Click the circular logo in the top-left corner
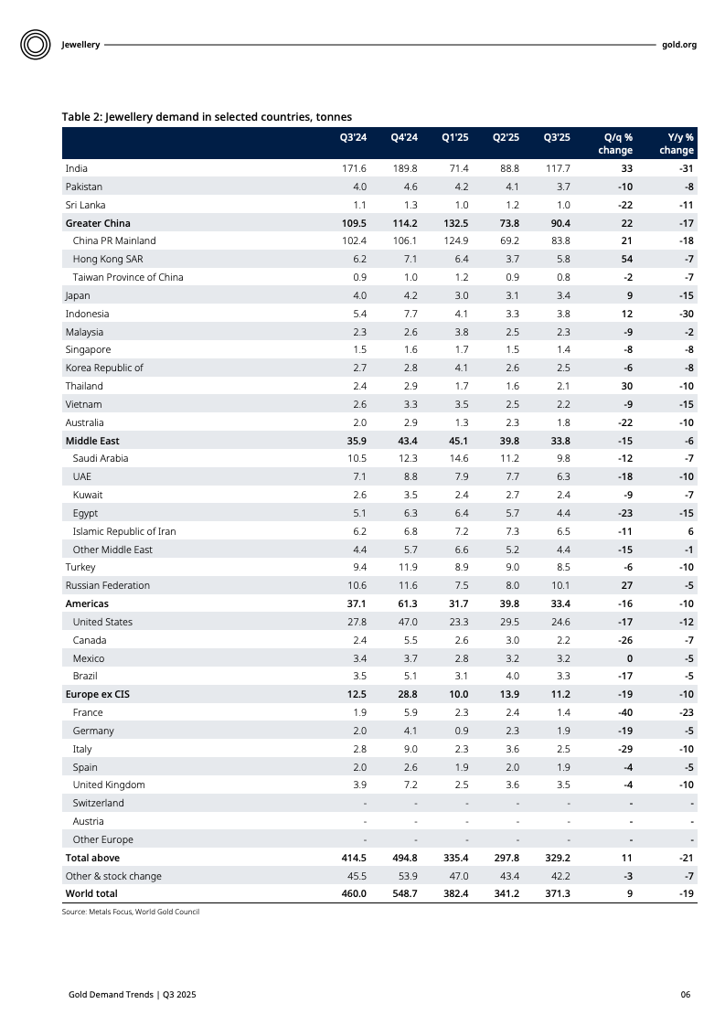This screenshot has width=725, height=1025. [x=35, y=44]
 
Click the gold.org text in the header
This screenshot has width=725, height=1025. [x=678, y=44]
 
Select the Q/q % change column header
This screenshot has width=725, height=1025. [x=614, y=144]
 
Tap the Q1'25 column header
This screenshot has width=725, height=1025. [x=454, y=138]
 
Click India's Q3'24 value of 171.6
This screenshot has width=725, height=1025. [x=354, y=169]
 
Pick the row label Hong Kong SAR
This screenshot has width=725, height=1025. [x=108, y=260]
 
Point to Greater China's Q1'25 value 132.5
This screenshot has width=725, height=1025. [x=454, y=223]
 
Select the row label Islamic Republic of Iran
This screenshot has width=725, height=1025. [x=124, y=531]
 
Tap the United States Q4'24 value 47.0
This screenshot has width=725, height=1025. [x=404, y=622]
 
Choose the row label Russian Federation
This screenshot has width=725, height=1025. [x=107, y=585]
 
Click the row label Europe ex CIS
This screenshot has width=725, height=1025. [x=97, y=694]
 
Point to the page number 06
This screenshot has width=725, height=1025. [x=685, y=994]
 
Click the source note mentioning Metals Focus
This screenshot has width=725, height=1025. [x=130, y=912]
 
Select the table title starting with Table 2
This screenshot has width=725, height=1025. [x=207, y=116]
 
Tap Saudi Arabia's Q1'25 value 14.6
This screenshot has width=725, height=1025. [x=454, y=458]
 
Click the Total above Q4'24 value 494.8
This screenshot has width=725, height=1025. [x=403, y=858]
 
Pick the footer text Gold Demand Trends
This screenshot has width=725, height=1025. [x=132, y=994]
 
